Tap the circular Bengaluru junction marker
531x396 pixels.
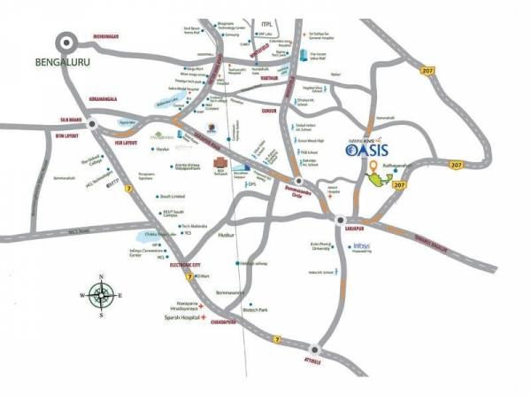66,41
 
